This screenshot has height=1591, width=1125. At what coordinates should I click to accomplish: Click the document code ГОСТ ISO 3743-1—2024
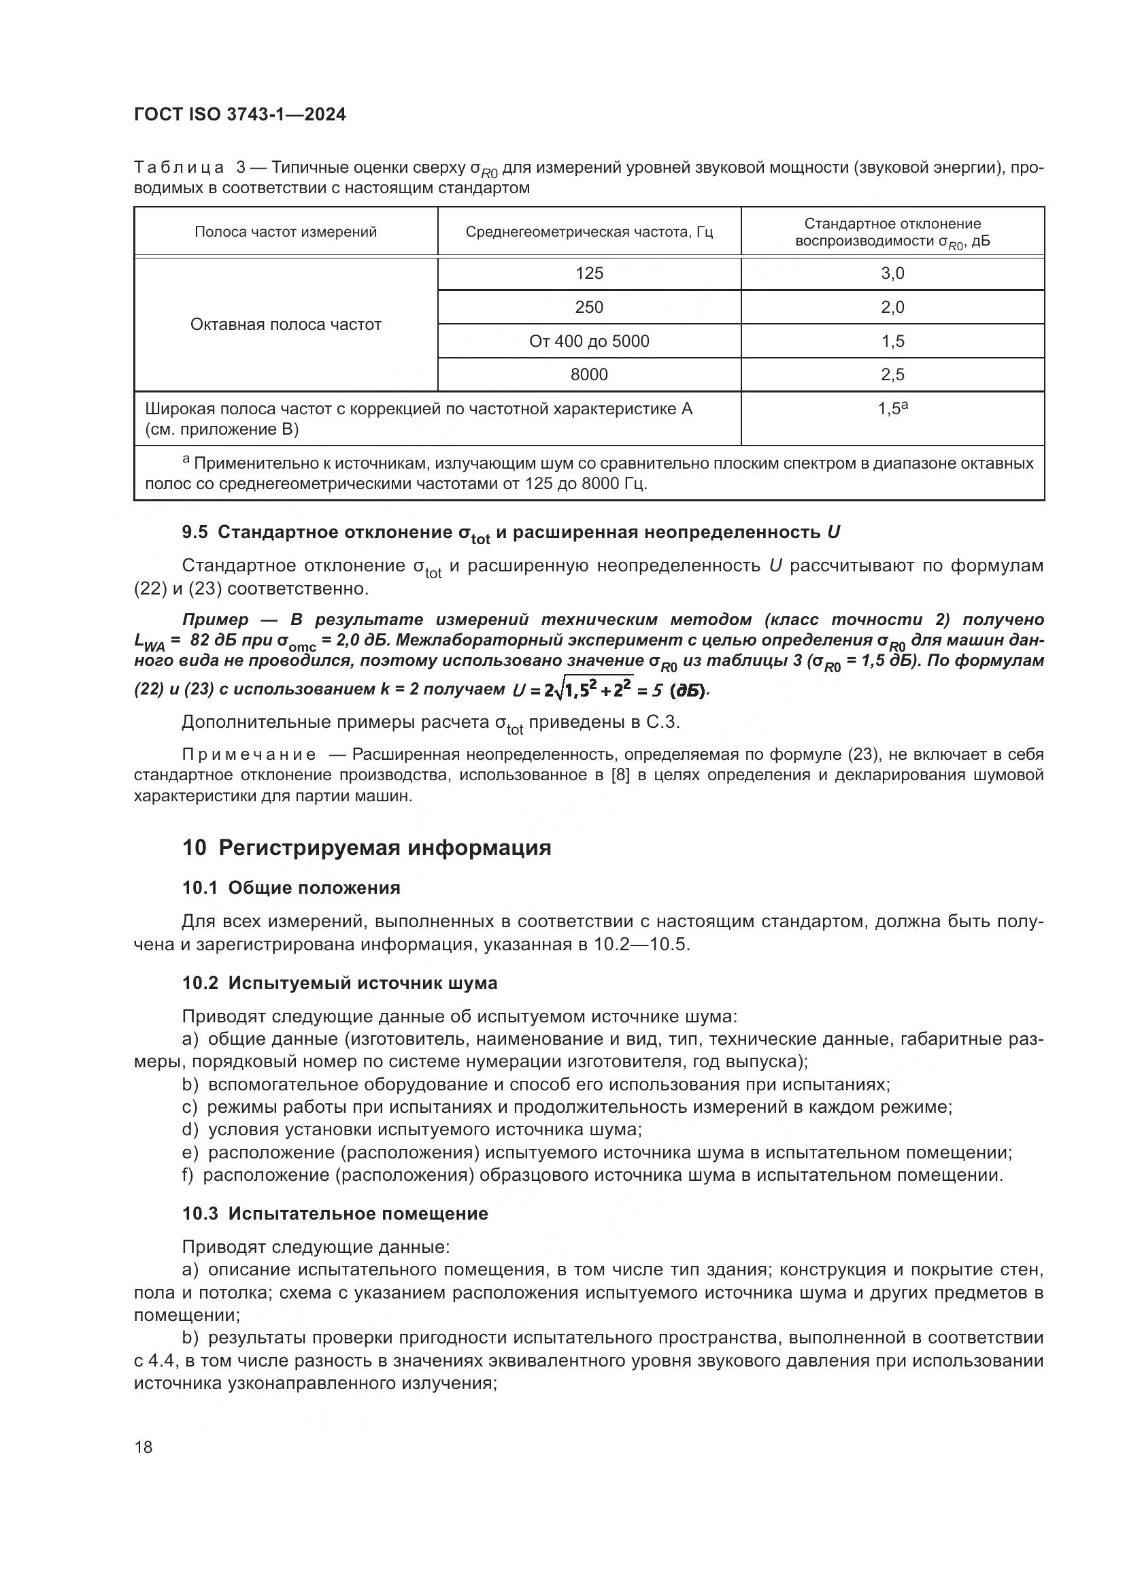point(239,115)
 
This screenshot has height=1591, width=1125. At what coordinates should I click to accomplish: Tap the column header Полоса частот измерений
point(286,232)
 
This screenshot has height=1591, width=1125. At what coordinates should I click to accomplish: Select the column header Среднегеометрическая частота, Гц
point(589,232)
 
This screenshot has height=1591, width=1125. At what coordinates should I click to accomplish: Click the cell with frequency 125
point(589,273)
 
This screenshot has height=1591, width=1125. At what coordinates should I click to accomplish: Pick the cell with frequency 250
point(589,307)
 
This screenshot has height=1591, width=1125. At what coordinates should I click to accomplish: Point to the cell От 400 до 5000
point(589,341)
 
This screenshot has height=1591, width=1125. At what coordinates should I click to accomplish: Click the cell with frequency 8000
point(589,375)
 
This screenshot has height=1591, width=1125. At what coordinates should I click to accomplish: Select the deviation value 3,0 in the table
point(892,273)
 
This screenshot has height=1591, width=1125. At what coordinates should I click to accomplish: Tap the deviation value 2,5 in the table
point(892,375)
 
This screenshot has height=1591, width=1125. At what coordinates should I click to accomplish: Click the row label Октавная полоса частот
point(286,324)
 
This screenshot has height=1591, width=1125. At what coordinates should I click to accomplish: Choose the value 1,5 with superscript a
point(892,409)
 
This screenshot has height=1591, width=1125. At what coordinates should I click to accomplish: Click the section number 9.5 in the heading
point(195,532)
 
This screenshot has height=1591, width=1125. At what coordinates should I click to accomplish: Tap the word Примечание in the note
point(249,754)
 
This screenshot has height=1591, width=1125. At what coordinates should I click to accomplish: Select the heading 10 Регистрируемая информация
point(367,848)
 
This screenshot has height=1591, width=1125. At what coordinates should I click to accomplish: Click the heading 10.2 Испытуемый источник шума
point(339,984)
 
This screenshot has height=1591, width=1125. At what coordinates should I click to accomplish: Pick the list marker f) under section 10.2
point(188,1175)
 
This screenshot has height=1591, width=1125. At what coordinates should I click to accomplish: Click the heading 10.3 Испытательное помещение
point(335,1213)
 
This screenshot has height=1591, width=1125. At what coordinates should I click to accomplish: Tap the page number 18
point(144,1447)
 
